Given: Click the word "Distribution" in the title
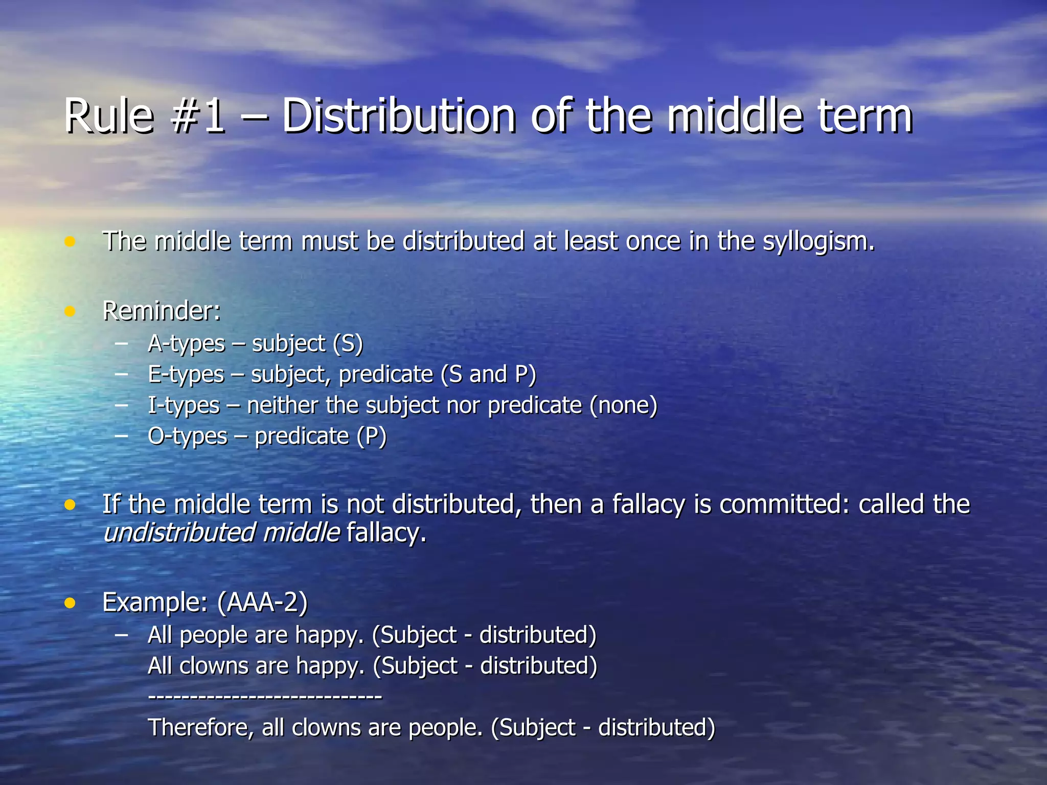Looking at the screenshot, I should click(399, 117).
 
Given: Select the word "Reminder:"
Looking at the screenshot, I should click(162, 311).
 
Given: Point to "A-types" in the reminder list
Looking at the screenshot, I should click(186, 344).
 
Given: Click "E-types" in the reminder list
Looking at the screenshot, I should click(186, 375).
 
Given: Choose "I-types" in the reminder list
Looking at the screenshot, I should click(184, 406).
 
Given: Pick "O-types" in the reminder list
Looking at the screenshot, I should click(187, 436).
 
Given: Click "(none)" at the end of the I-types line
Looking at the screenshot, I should click(623, 406).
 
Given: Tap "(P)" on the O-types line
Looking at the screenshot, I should click(371, 436).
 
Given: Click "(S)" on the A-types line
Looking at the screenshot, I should click(348, 344).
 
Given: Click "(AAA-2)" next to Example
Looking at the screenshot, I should click(262, 602).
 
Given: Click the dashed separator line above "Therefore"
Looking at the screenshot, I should click(265, 697).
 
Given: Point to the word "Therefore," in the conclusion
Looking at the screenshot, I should click(200, 728).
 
